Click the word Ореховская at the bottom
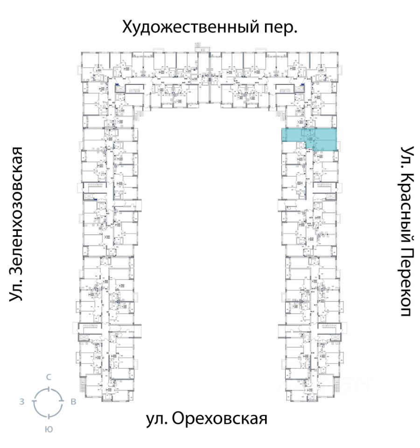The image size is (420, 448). pos(220,419)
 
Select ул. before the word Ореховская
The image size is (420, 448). pos(157,419)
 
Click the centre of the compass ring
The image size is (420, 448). pos(48,402)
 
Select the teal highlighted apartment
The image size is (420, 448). pos(308,139)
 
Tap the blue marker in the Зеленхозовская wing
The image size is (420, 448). pos(96,200)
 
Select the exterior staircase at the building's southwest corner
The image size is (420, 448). pos(82,385)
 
